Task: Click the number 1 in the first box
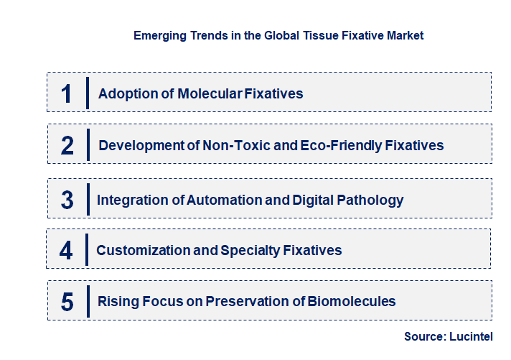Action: click(x=67, y=93)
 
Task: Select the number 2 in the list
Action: click(x=67, y=145)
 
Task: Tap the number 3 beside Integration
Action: click(x=67, y=200)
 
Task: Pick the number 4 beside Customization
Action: click(x=66, y=251)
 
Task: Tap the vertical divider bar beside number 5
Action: click(x=87, y=300)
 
